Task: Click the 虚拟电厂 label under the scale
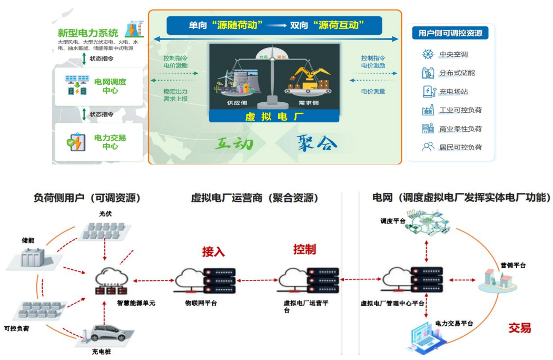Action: coord(274,116)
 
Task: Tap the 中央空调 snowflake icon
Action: coord(428,54)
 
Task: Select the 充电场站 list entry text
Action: coord(453,92)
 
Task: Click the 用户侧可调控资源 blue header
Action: coord(450,33)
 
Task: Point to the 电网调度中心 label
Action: coord(110,86)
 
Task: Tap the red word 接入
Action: coord(213,251)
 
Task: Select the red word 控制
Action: coord(304,249)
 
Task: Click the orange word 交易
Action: coord(519,328)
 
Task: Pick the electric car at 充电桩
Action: coord(109,333)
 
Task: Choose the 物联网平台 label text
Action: coord(201,303)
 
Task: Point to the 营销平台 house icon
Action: coord(497,281)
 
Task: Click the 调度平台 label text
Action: coord(393,221)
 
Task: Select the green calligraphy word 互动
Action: coord(234,143)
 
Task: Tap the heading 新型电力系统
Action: coord(88,33)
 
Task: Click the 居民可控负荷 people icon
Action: coord(428,147)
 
